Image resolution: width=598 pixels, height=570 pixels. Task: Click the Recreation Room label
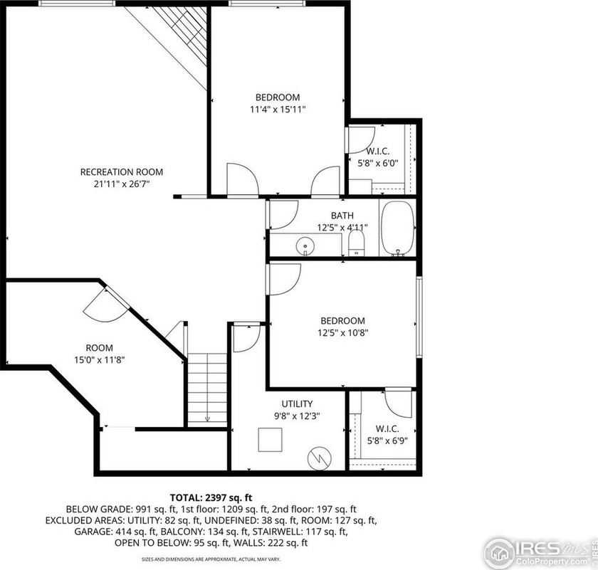[x=122, y=172]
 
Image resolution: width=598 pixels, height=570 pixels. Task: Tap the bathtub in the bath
[x=397, y=228]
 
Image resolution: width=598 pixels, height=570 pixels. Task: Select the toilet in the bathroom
[x=357, y=243]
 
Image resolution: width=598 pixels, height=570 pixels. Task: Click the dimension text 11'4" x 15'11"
[x=278, y=110]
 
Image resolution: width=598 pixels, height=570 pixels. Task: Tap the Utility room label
[x=297, y=403]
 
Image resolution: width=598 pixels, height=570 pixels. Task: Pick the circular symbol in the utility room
[x=319, y=458]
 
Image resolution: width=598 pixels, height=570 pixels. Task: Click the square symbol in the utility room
[x=270, y=440]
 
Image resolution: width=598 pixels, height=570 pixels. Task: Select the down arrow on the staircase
[x=207, y=419]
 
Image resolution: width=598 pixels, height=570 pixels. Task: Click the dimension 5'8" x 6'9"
[x=387, y=441]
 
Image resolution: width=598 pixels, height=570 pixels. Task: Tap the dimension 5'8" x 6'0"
[x=377, y=164]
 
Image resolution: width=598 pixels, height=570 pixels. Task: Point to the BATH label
[x=342, y=216]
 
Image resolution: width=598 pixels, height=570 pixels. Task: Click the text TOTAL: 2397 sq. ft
[x=211, y=497]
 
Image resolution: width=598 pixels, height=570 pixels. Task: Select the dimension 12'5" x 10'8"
[x=343, y=333]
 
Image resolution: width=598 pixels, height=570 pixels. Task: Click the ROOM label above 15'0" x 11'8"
[x=99, y=348]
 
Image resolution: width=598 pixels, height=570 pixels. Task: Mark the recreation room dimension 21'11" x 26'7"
[x=122, y=184]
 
